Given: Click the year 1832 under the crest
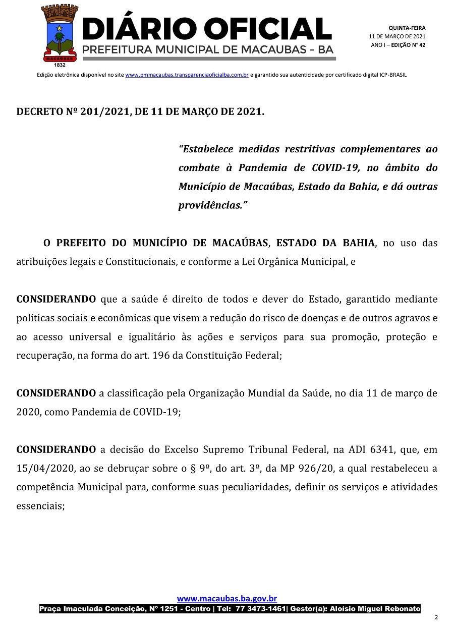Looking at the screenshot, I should (60, 65).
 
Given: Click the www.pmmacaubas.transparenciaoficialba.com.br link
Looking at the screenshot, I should (187, 75).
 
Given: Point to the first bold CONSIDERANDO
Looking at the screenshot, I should (56, 299).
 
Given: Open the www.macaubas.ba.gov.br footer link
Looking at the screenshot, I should (227, 599).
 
